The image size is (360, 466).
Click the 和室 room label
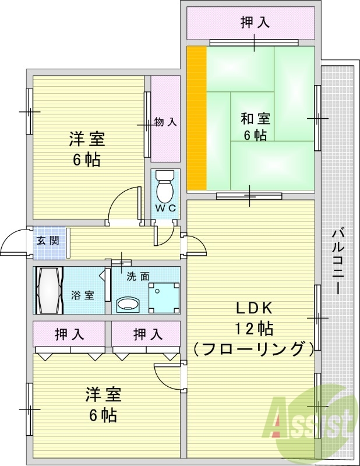[x=255, y=119]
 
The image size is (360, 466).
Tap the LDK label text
[x=254, y=308]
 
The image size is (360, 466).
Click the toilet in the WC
[x=165, y=186]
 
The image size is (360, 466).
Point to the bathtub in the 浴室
[x=48, y=290]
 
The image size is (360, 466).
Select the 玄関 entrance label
[x=48, y=241]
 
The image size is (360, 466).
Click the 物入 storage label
[x=165, y=122]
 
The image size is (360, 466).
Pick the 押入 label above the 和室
[x=255, y=23]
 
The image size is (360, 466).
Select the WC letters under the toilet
[x=165, y=208]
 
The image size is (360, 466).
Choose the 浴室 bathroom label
[x=83, y=295]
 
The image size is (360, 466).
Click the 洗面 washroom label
[x=139, y=277]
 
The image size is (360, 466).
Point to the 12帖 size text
[x=254, y=329]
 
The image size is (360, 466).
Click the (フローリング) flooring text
[x=253, y=349]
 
